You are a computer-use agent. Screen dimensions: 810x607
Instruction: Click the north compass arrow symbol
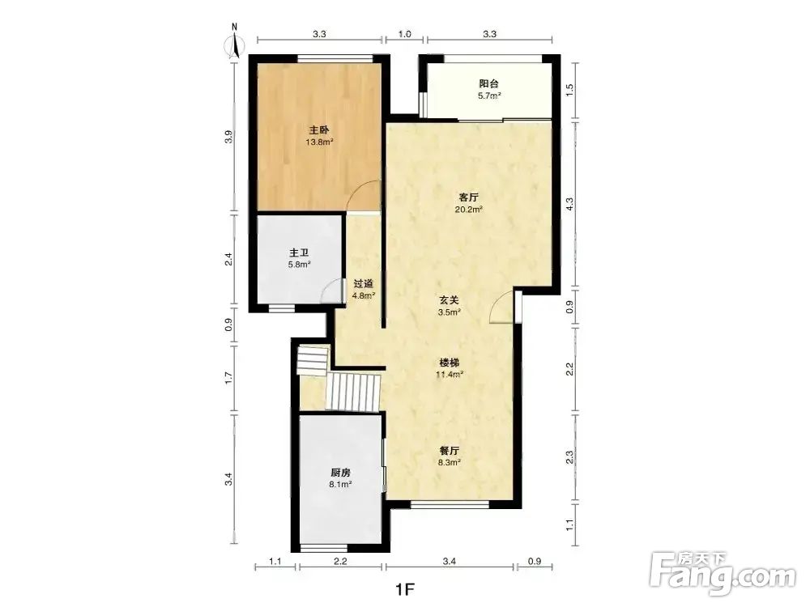pos(235,44)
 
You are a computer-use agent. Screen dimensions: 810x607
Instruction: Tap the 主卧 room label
pos(319,129)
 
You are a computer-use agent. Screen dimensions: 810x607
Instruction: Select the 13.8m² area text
pos(319,142)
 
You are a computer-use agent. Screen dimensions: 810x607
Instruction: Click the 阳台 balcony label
pos(488,83)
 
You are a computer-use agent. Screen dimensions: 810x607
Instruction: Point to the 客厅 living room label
pos(468,197)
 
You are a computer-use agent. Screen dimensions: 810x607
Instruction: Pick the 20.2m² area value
pos(468,210)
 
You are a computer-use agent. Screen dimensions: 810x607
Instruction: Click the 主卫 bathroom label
pos(299,253)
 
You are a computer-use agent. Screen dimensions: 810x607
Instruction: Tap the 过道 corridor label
pos(363,284)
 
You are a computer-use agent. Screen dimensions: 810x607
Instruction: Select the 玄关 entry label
pos(449,300)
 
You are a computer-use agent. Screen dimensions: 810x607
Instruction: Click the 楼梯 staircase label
pos(450,363)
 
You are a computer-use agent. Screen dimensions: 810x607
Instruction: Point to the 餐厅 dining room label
pos(450,450)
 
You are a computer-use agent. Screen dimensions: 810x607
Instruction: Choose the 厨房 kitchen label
pos(341,473)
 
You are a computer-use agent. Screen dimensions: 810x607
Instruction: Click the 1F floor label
pos(406,589)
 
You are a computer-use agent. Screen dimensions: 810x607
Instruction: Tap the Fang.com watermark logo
pos(723,574)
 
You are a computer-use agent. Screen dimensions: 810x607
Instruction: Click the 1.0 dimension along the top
pos(405,34)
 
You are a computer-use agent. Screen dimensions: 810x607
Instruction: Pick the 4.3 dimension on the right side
pos(569,205)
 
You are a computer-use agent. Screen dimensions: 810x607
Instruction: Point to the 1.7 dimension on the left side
pos(229,378)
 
